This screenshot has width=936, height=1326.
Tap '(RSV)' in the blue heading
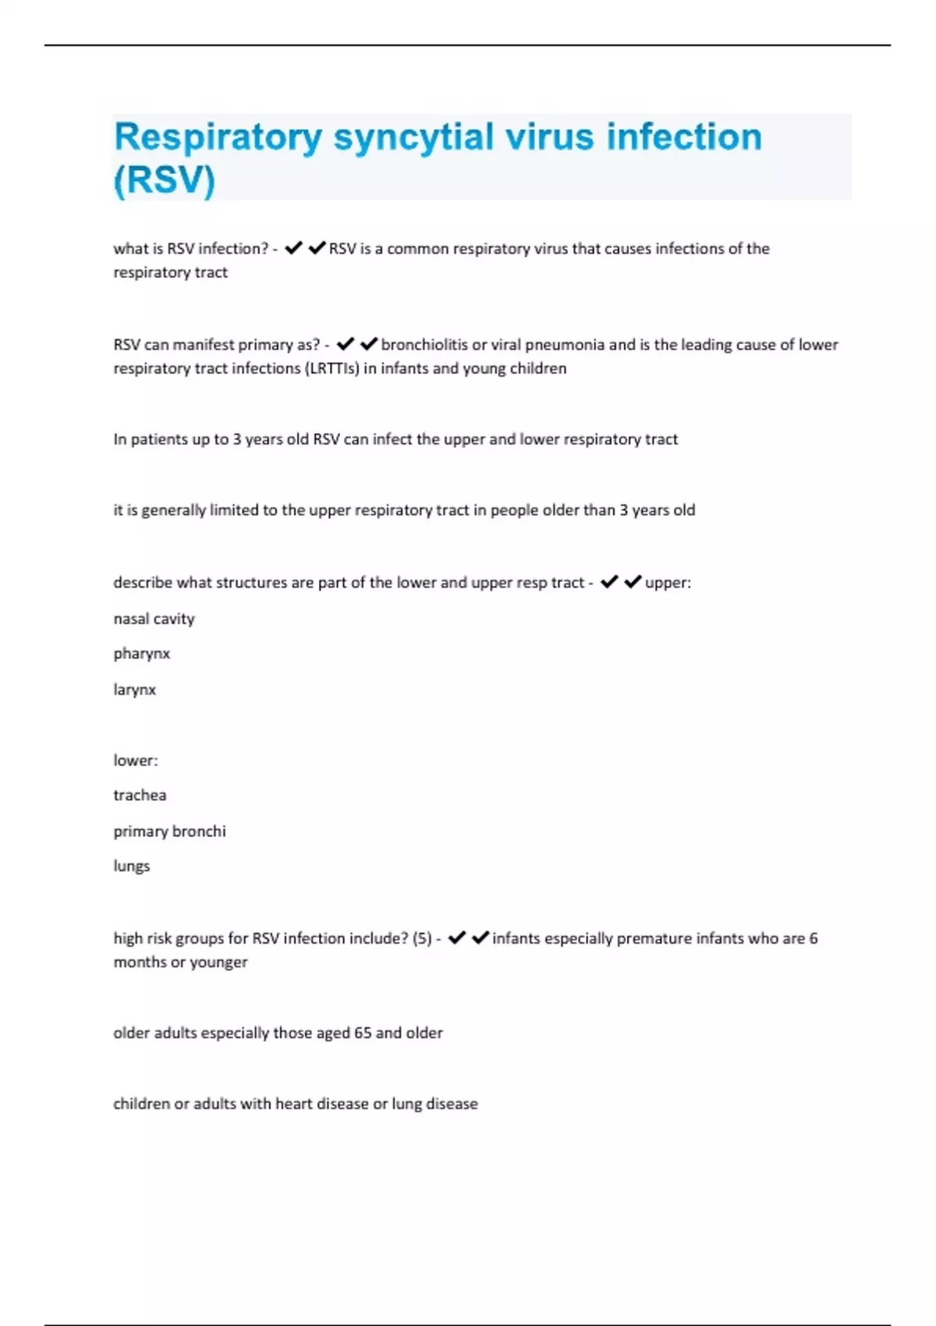[165, 180]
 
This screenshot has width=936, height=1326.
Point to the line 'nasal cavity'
[154, 619]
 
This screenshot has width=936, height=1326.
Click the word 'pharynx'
[141, 654]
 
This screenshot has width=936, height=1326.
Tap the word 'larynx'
[134, 690]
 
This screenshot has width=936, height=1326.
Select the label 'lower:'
[136, 760]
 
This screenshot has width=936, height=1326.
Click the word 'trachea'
[140, 796]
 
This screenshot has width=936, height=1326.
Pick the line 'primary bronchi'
[169, 831]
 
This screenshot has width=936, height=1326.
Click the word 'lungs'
[131, 867]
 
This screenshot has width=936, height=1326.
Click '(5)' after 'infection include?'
[422, 938]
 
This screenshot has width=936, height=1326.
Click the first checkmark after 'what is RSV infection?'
[293, 248]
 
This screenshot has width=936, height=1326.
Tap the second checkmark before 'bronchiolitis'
[369, 344]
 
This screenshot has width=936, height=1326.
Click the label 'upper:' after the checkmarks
[668, 583]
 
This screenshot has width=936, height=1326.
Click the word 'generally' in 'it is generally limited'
[173, 510]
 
